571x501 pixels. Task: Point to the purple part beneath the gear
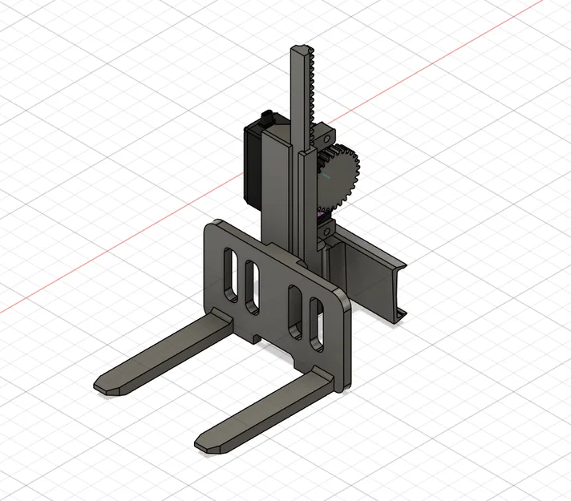[323, 213]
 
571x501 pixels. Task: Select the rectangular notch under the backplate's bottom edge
[255, 338]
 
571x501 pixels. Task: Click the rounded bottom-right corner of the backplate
[346, 384]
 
